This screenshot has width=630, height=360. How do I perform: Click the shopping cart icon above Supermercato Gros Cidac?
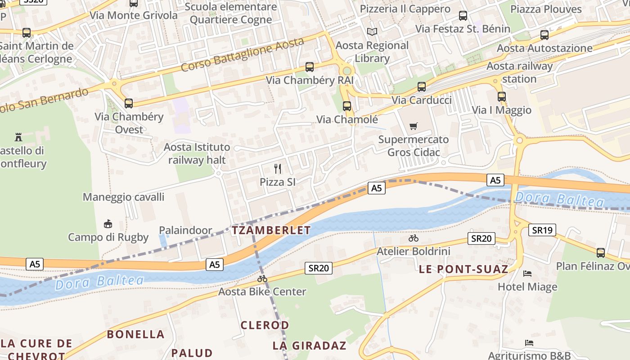pos(414,126)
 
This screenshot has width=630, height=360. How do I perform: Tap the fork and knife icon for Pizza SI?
pos(278,169)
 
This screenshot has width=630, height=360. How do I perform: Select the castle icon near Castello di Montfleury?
pos(18,137)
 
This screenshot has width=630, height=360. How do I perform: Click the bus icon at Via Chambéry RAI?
pos(309,67)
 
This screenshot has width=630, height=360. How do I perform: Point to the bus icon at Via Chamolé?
pos(346,106)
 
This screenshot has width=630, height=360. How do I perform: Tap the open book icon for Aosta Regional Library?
pos(372,31)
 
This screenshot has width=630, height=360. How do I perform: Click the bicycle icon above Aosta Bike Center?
pos(262,279)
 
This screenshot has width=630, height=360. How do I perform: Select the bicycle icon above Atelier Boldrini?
pos(414,238)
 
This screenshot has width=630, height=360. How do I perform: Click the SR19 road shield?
pos(542,230)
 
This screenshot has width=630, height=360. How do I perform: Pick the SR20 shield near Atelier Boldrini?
pos(481,238)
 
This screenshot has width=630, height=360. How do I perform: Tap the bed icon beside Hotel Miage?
pos(527,274)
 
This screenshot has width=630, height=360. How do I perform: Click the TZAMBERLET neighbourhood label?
pos(271,230)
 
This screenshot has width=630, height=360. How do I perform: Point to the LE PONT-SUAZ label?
pos(463,270)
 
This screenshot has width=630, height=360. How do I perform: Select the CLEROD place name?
pos(265,325)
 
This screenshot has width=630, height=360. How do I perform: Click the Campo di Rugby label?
pos(108,237)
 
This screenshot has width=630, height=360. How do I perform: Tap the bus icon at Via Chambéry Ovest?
pos(129,103)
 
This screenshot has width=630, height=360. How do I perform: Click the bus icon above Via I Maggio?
pos(502,96)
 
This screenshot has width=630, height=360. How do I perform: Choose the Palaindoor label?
pos(185,230)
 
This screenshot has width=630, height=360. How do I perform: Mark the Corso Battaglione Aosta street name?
pos(243,54)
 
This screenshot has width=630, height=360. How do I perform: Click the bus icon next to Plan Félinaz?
pos(601,252)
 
